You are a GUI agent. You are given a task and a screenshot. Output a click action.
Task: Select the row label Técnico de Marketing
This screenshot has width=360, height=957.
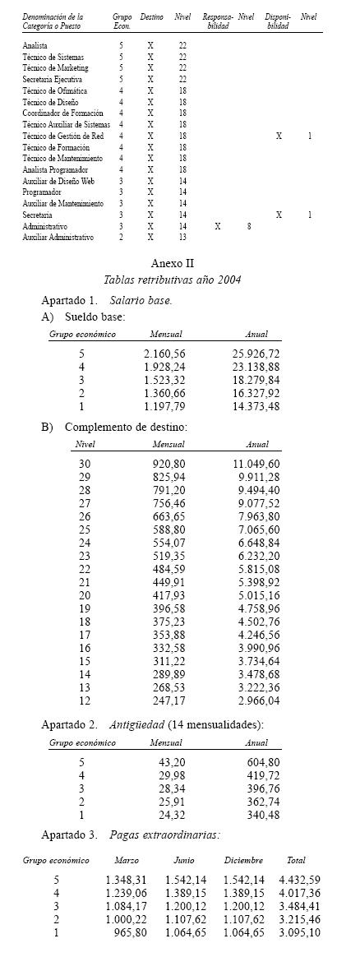56,67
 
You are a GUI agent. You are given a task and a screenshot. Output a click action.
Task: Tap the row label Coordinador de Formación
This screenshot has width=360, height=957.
63,112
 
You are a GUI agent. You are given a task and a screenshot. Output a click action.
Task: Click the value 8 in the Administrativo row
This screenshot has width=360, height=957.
248,224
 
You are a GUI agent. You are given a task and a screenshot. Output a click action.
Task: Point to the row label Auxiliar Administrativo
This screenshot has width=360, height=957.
58,237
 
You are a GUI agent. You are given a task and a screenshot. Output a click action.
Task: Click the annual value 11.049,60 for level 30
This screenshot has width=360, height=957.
256,464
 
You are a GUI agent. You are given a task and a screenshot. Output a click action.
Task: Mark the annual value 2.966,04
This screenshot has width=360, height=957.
256,700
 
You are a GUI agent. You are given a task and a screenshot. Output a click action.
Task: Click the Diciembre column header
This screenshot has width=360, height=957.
243,860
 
